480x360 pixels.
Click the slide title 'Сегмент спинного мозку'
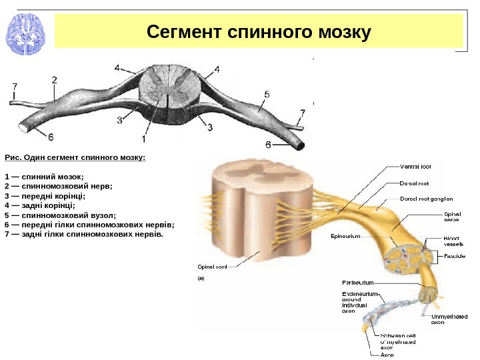pyautogui.click(x=259, y=31)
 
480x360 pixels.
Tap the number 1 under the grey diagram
pyautogui.click(x=143, y=139)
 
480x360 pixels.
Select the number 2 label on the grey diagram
pyautogui.click(x=54, y=79)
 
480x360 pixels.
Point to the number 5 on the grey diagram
pyautogui.click(x=267, y=95)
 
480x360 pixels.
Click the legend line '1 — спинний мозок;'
pyautogui.click(x=44, y=177)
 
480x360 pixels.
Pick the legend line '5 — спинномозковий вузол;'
pyautogui.click(x=60, y=215)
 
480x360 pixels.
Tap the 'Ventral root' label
pyautogui.click(x=415, y=167)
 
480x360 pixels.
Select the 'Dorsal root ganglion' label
pyautogui.click(x=427, y=199)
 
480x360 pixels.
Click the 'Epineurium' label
pyautogui.click(x=345, y=237)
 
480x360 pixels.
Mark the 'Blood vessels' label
pyautogui.click(x=454, y=241)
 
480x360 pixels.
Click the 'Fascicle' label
pyautogui.click(x=455, y=256)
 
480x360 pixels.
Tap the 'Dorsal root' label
pyautogui.click(x=413, y=183)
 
